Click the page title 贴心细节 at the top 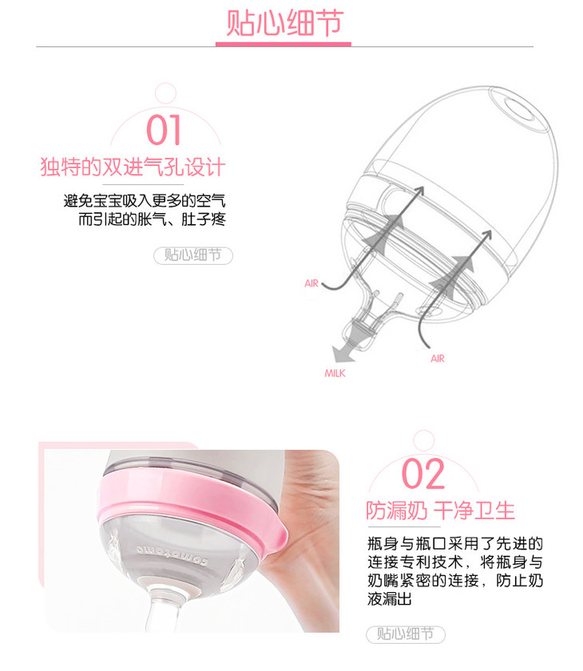tap(284, 22)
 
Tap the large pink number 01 tap(164, 130)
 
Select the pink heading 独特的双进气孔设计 tap(133, 167)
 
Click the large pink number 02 tap(423, 473)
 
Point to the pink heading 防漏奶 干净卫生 tap(440, 511)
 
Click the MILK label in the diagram tap(335, 373)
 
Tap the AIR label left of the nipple tap(311, 283)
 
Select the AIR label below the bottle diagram tap(438, 358)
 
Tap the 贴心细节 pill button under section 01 tap(193, 255)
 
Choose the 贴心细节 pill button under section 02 tap(406, 634)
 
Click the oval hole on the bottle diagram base tap(521, 109)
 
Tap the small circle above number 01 tap(165, 93)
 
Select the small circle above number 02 tap(423, 440)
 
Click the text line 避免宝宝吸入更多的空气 tap(145, 201)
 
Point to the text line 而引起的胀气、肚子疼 tap(152, 219)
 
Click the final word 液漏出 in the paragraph tap(390, 598)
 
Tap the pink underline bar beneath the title tap(284, 44)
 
